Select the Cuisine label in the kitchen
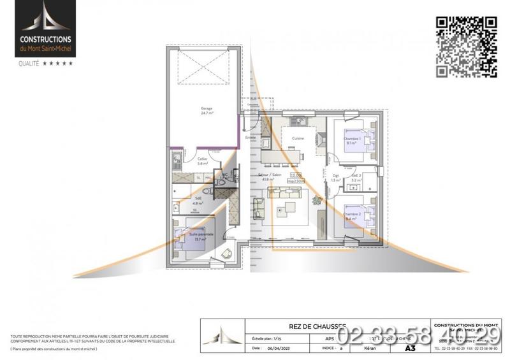point(298,138)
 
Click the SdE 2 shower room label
point(357,177)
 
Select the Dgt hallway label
point(336,177)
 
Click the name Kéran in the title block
point(365,349)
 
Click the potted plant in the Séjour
point(317,201)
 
